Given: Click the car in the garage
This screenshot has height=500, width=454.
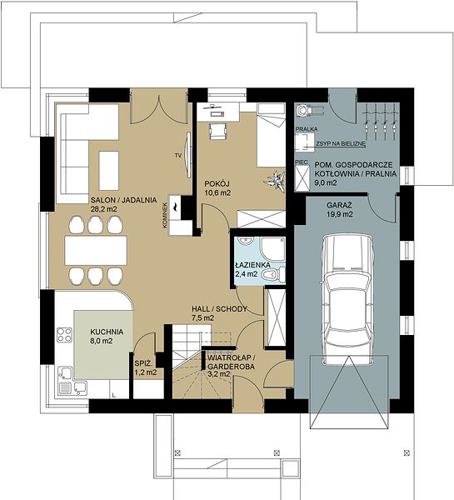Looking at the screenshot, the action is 348,300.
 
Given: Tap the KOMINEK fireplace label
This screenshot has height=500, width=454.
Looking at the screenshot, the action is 164,215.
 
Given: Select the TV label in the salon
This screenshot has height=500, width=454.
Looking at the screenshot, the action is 178,156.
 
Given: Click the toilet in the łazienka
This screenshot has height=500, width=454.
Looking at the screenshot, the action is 273,273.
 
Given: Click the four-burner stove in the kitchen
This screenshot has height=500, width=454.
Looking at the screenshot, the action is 64,335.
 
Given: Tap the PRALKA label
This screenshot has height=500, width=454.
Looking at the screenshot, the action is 307,129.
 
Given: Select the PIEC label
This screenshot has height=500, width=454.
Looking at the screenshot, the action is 302,162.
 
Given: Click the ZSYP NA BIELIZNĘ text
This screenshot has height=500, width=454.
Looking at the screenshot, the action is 341,144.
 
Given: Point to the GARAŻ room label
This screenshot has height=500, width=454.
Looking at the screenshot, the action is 340,205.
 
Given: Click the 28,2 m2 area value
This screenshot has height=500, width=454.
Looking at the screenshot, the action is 104,209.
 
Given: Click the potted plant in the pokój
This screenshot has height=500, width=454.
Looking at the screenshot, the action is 275,181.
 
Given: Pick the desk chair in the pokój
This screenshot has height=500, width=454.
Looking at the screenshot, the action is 218,131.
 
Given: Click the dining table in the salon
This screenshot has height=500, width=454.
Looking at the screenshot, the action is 96,250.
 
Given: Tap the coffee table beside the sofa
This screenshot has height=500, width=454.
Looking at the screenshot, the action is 109,171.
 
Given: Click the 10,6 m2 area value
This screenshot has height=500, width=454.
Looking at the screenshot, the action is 217,192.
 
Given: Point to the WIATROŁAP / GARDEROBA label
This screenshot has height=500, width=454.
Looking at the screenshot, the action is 231,362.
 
